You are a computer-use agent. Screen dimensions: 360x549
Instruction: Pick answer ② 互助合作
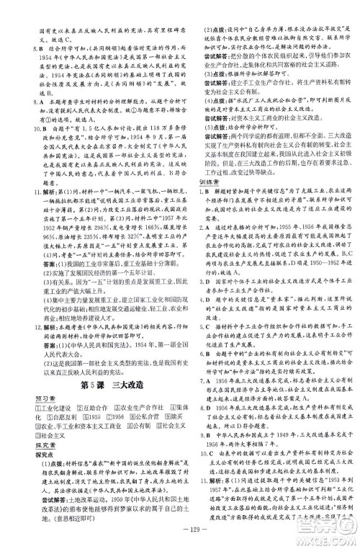78,391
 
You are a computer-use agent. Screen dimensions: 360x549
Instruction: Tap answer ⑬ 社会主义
33,417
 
